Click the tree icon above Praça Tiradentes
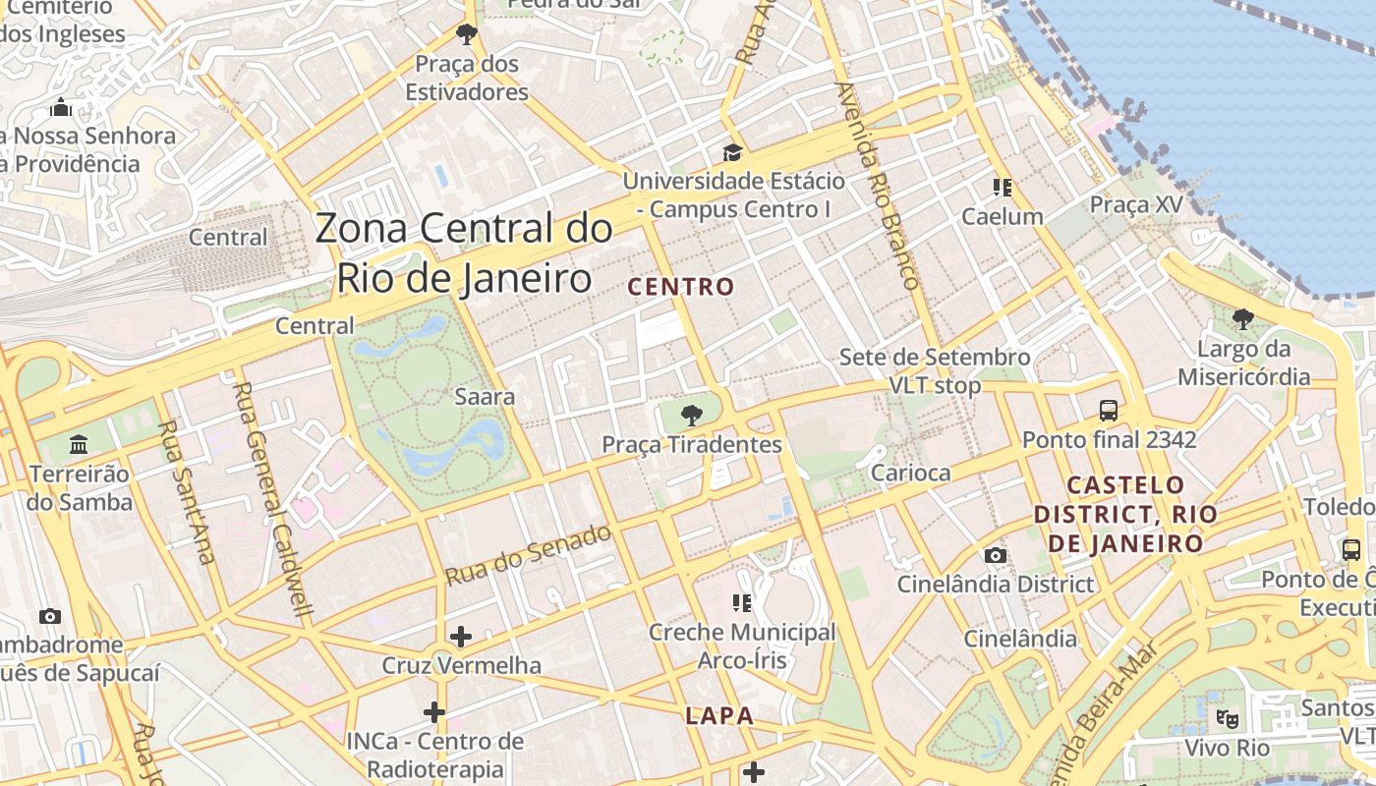point(692,413)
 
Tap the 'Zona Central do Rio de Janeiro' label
point(464,253)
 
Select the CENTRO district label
point(681,287)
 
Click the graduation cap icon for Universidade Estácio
point(732,152)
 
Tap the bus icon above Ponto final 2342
point(1109,410)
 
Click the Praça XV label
point(1135,204)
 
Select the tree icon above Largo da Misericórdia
point(1243,318)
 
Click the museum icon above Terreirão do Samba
point(79,444)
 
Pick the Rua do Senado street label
point(529,556)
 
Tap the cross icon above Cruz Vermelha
point(460,637)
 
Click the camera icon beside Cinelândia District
point(996,556)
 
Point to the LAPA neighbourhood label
point(719,716)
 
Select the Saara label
point(485,397)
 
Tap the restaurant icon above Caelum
point(1002,187)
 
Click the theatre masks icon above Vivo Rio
point(1226,718)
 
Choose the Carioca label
point(911,473)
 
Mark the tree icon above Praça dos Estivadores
point(467,35)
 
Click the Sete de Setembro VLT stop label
point(934,370)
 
